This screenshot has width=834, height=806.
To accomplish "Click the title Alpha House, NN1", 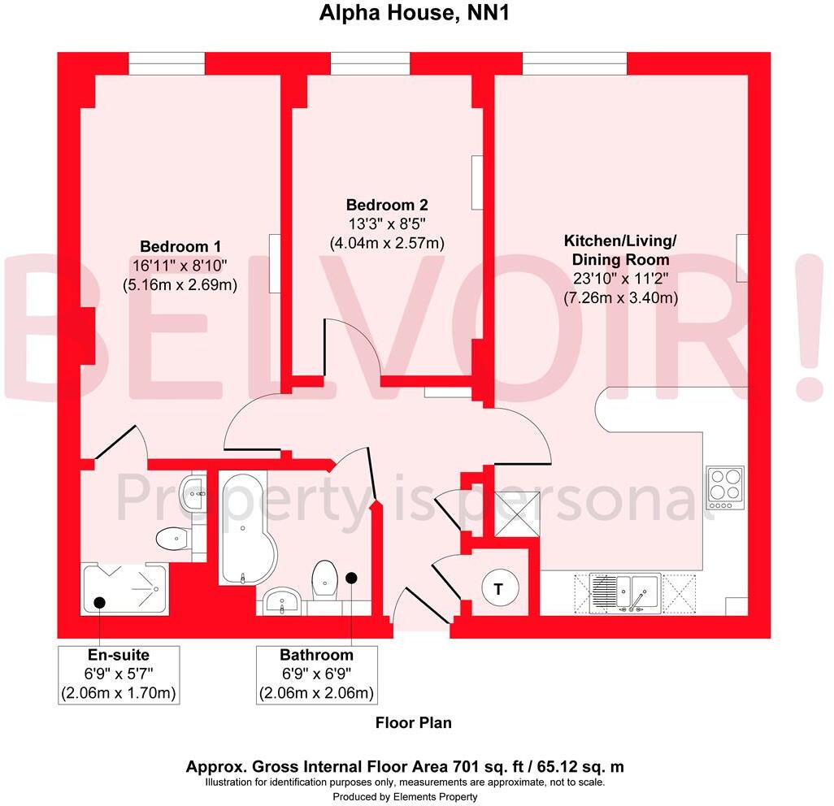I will (416, 13).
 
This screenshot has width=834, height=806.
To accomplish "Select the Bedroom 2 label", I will (387, 205).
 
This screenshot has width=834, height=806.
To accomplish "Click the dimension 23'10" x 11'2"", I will (621, 279).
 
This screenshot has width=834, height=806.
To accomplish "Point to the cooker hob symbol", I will (724, 487).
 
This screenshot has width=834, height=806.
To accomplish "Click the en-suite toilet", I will (172, 539).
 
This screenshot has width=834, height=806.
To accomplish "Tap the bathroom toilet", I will (325, 579).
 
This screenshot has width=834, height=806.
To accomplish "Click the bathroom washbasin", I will (282, 601).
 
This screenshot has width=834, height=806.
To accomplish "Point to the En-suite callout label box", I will (119, 674).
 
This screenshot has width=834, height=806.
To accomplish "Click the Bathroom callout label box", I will (316, 674).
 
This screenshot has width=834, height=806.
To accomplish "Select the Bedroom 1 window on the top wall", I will (166, 63).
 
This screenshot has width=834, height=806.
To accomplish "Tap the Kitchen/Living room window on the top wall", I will (574, 63).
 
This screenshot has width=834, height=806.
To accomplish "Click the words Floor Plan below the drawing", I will (413, 722).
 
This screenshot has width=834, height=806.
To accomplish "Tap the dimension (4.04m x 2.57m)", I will (387, 242).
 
